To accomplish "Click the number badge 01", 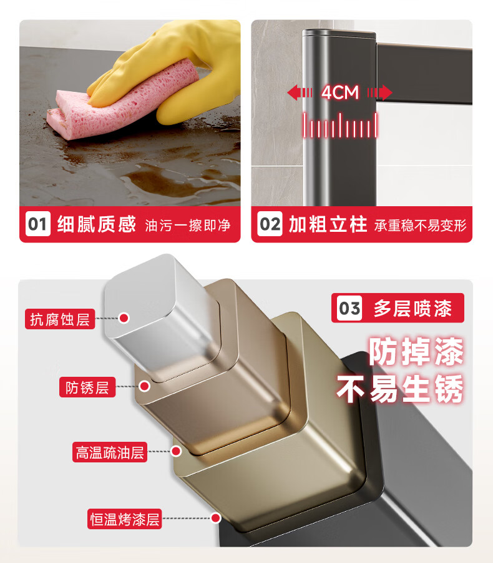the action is tap(37, 224).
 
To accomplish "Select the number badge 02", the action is tap(270, 224).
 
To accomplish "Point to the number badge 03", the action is tap(349, 308).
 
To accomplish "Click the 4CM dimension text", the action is tap(340, 92).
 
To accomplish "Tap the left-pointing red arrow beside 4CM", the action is tap(300, 92).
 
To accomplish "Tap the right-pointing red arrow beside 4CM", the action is tap(379, 92).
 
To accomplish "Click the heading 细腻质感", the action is tap(97, 224).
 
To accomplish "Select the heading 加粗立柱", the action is tap(328, 224).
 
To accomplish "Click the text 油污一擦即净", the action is tap(188, 226).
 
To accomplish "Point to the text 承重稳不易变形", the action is tap(420, 226).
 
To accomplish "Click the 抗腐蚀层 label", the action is tap(60, 319).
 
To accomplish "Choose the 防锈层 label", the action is tap(87, 387).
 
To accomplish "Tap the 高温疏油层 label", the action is tap(110, 452).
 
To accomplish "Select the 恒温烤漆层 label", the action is tap(124, 519).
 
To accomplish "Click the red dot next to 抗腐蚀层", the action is tap(124, 318).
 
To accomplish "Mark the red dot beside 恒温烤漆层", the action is tap(215, 518).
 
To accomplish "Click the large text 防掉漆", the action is tap(416, 351).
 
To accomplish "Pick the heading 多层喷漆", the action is tap(412, 308).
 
